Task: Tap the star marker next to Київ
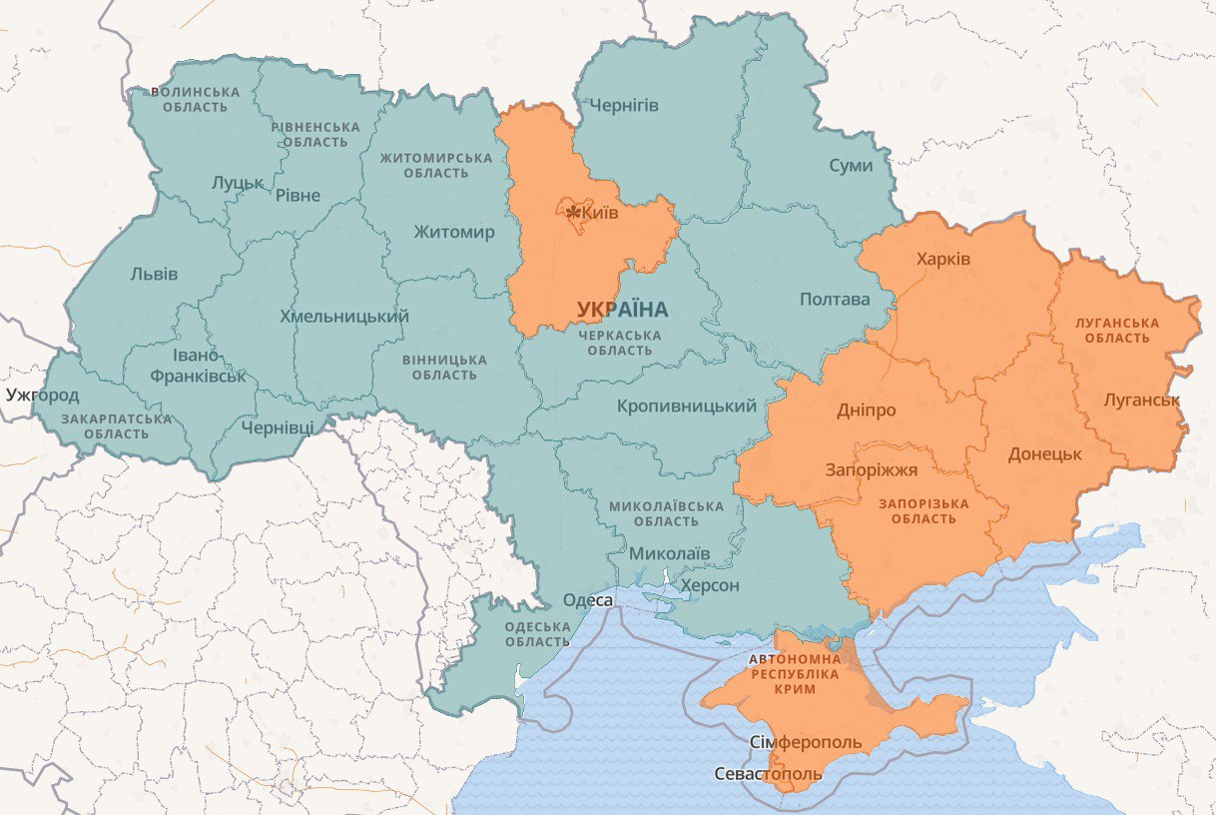573,214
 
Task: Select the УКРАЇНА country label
622,309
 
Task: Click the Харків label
943,259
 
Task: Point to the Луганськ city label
1142,400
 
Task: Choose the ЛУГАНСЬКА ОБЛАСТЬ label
1116,331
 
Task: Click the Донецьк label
1044,453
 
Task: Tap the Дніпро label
866,410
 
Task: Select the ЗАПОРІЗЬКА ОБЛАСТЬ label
923,510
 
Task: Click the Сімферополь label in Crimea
805,743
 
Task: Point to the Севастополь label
769,774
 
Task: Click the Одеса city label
588,600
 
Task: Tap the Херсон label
709,585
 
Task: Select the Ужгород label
42,395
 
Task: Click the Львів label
154,274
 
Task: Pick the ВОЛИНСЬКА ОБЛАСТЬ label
196,99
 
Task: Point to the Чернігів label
624,106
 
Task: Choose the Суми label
851,166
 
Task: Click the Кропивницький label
687,407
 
